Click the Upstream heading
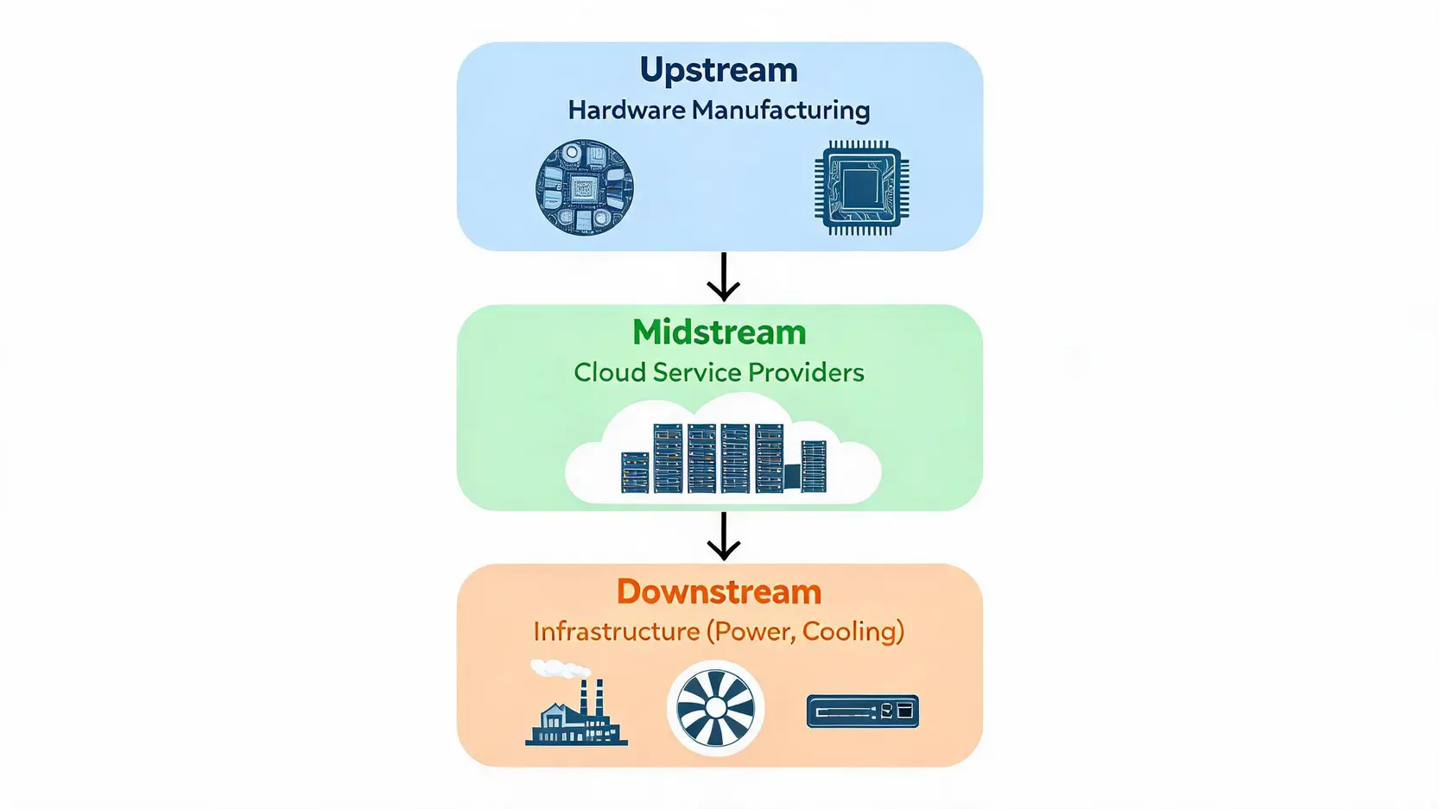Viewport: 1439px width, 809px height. pyautogui.click(x=719, y=71)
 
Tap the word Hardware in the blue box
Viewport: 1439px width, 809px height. pyautogui.click(x=627, y=111)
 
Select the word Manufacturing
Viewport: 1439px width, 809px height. pyautogui.click(x=781, y=111)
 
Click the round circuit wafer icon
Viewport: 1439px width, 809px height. pyautogui.click(x=585, y=187)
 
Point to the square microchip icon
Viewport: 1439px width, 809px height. pyautogui.click(x=861, y=188)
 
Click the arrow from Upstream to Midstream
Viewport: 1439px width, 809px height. pyautogui.click(x=724, y=277)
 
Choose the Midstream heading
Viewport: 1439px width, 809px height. pyautogui.click(x=719, y=332)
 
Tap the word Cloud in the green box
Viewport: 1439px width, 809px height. pyautogui.click(x=610, y=372)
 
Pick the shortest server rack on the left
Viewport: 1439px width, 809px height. pyautogui.click(x=636, y=472)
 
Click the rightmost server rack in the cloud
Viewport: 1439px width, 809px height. pyautogui.click(x=814, y=466)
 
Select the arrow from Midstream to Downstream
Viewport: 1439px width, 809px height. pyautogui.click(x=724, y=537)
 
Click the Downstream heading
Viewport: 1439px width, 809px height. pyautogui.click(x=719, y=592)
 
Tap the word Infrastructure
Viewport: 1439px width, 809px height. pyautogui.click(x=617, y=632)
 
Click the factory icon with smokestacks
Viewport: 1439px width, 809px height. pyautogui.click(x=576, y=711)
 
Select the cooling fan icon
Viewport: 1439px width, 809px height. pyautogui.click(x=716, y=708)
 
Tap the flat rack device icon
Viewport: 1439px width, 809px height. pyautogui.click(x=863, y=711)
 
